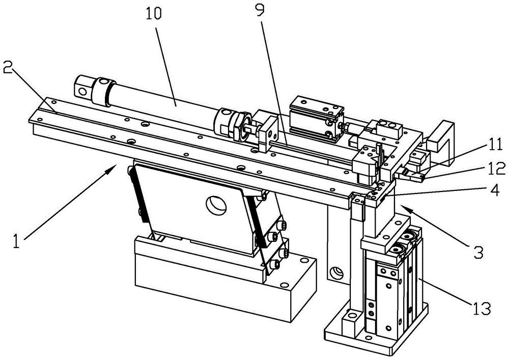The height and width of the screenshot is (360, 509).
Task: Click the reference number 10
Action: click(x=153, y=14)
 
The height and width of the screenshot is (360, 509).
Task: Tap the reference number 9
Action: click(x=260, y=10)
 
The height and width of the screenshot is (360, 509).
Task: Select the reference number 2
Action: click(x=8, y=68)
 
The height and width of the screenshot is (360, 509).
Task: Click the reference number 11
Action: click(x=495, y=145)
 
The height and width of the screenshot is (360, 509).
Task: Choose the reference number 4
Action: click(x=495, y=191)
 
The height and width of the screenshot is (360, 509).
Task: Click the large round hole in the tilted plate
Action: click(x=216, y=206)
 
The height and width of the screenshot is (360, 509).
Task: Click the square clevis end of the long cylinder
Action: click(x=83, y=87)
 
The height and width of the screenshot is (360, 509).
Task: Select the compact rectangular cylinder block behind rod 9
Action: click(x=317, y=120)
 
